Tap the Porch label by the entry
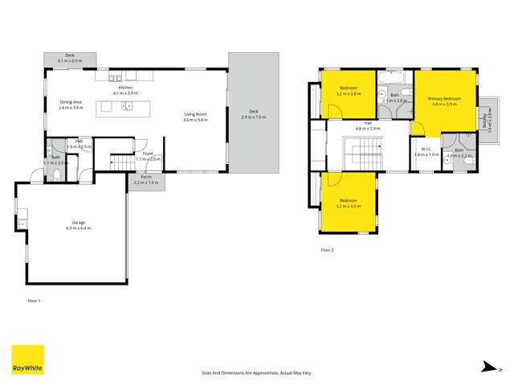145,179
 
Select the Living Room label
195,115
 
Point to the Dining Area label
71,102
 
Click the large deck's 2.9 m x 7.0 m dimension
252,118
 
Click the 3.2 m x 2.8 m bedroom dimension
349,93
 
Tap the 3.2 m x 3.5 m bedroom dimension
348,206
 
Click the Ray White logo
27,361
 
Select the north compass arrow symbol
484,368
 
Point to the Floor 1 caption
34,300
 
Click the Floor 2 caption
326,250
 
